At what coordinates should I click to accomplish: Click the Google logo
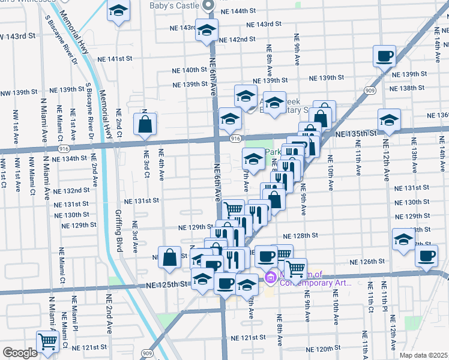click(20, 353)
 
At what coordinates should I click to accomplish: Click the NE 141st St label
click(114, 59)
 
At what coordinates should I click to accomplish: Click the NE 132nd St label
click(71, 191)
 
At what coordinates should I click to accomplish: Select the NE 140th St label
click(186, 70)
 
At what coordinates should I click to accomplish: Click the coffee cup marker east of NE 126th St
click(427, 256)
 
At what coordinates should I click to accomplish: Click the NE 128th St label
click(300, 236)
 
